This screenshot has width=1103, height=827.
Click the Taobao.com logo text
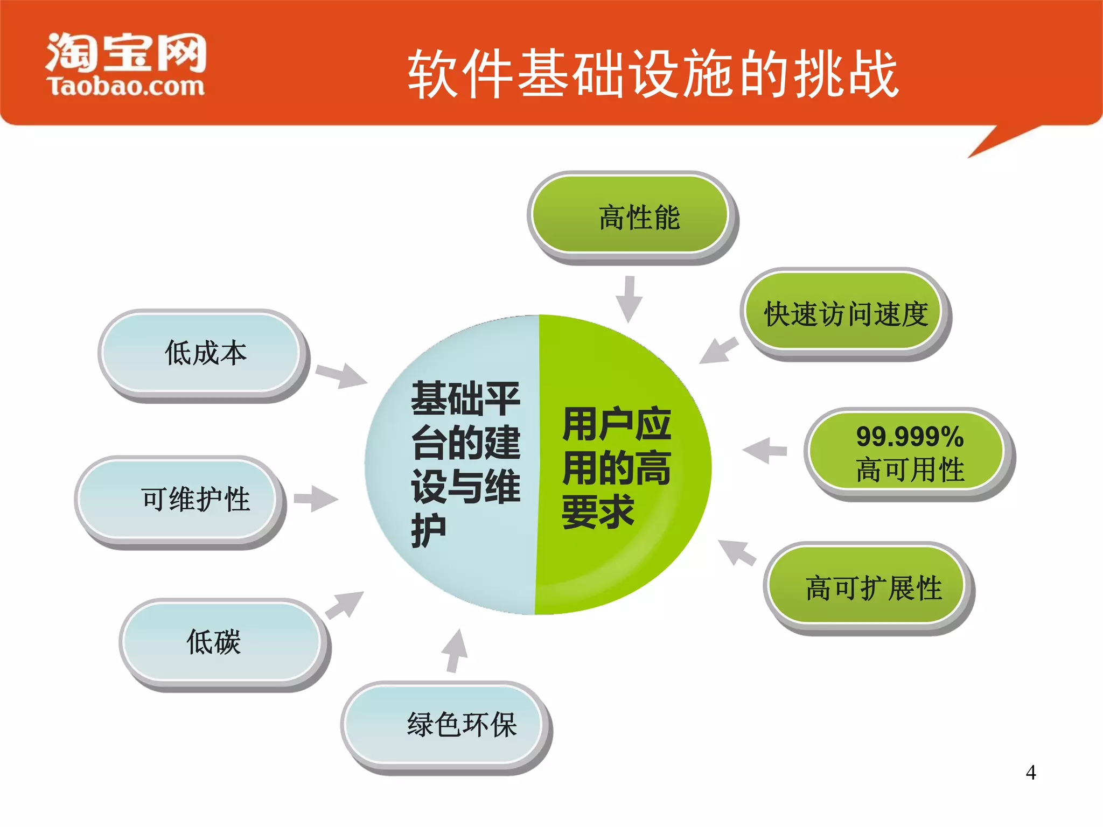coord(126,86)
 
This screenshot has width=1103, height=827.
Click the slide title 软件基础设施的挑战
coord(653,74)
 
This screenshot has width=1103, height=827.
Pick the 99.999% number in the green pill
coord(910,436)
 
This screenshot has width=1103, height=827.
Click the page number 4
coord(1030,773)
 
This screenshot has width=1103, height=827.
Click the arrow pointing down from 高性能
coord(629,299)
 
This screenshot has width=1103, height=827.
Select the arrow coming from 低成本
coord(341,375)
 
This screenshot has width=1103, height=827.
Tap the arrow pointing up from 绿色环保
coord(455,650)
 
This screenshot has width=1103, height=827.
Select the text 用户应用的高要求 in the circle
coord(616,467)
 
